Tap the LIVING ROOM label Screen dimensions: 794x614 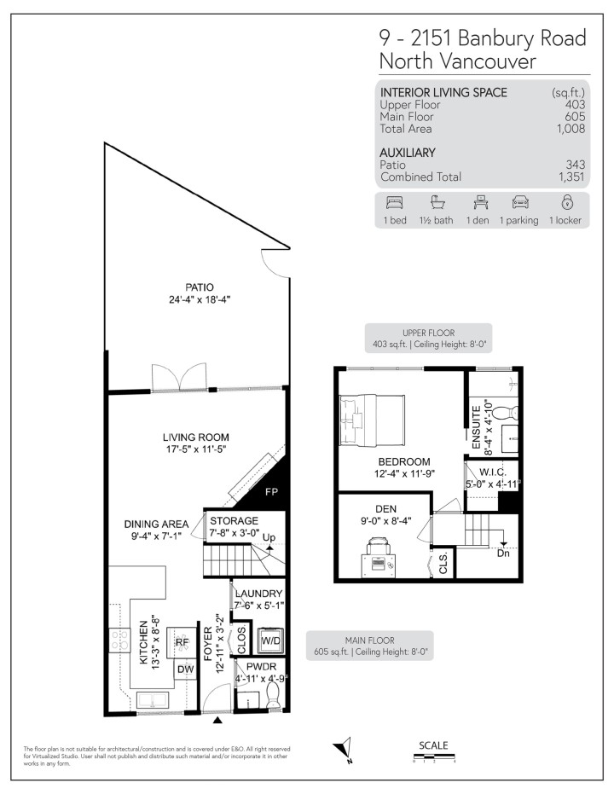(x=196, y=438)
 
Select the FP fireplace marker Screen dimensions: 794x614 (x=271, y=492)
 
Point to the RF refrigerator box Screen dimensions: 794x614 (x=182, y=642)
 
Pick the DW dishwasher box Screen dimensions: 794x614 (x=185, y=669)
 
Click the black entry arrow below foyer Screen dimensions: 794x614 (x=218, y=722)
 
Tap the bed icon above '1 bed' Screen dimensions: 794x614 (x=393, y=203)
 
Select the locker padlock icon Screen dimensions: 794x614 (x=566, y=203)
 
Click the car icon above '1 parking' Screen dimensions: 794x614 (x=519, y=203)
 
